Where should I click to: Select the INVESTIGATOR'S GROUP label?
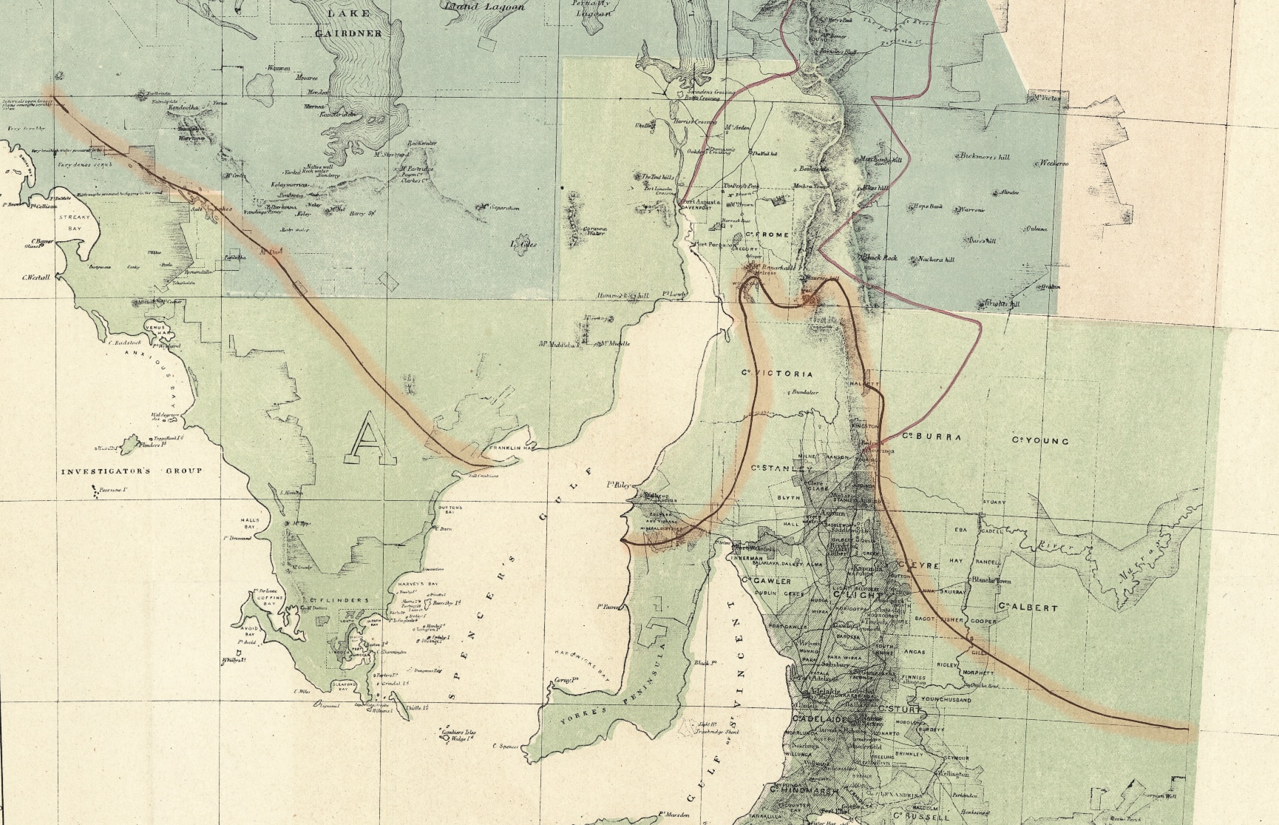[x=131, y=471]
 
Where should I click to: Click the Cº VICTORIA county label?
[x=777, y=374]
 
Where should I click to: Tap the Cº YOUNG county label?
[x=1040, y=441]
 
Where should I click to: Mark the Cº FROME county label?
[x=767, y=235]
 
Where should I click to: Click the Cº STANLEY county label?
[x=781, y=468]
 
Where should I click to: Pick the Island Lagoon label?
[x=484, y=7]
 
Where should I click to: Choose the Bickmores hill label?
[x=983, y=157]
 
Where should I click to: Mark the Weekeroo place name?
[x=1054, y=163]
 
